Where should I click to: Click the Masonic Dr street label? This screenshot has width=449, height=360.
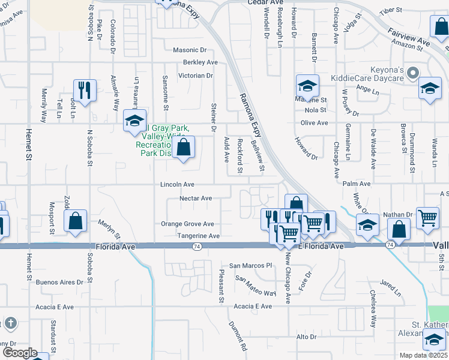(x=189, y=50)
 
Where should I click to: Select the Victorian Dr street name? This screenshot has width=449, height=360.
(x=196, y=76)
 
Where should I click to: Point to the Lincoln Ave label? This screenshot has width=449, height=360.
(x=177, y=185)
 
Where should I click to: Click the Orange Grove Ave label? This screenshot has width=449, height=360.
(x=187, y=224)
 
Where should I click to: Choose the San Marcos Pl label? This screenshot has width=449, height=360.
(x=252, y=265)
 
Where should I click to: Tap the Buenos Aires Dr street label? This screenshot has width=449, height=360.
(x=59, y=282)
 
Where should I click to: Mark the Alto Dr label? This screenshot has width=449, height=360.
(x=306, y=337)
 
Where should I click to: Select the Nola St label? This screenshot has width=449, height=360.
(x=315, y=110)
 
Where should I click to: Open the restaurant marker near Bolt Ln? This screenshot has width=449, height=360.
(x=85, y=90)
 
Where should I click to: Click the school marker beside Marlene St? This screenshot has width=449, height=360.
(x=307, y=86)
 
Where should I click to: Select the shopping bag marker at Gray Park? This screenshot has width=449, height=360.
(x=184, y=146)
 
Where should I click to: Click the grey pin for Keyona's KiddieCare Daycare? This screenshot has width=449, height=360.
(x=412, y=74)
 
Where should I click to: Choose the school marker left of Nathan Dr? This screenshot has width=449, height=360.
(x=367, y=224)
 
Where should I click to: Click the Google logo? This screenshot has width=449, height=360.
(x=20, y=353)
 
